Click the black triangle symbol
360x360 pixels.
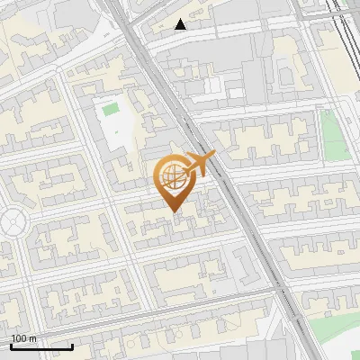[181, 24]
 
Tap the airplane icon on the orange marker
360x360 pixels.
[200, 165]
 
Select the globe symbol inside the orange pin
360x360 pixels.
[171, 178]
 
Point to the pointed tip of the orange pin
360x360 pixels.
[172, 212]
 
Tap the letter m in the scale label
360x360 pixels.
[32, 338]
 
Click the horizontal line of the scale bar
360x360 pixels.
[41, 346]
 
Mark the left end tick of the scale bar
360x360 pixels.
[11, 345]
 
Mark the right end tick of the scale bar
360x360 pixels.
[72, 345]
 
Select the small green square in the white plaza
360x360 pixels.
[111, 110]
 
